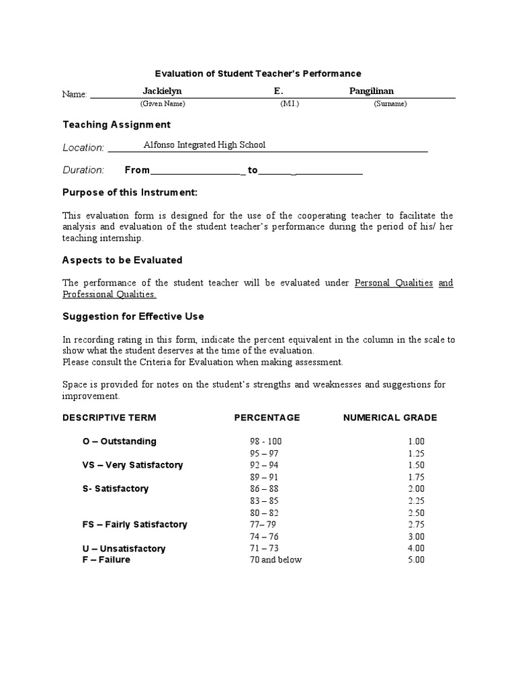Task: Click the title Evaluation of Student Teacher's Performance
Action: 258,73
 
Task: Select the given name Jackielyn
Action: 162,91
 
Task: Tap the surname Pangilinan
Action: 372,91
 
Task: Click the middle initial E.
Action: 279,91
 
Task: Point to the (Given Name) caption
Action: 162,104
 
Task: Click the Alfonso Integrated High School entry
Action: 204,144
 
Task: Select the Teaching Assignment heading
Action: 116,124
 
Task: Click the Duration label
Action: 83,170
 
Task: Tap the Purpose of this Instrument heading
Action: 130,192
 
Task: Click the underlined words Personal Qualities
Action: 394,283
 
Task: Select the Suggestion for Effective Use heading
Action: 133,316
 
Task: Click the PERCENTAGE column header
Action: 267,417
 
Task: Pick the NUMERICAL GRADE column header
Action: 390,417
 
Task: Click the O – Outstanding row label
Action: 119,441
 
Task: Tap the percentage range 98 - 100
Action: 266,441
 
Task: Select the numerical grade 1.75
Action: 416,477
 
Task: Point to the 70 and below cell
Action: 275,560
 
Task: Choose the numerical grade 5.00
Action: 416,560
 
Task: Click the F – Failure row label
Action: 105,560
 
